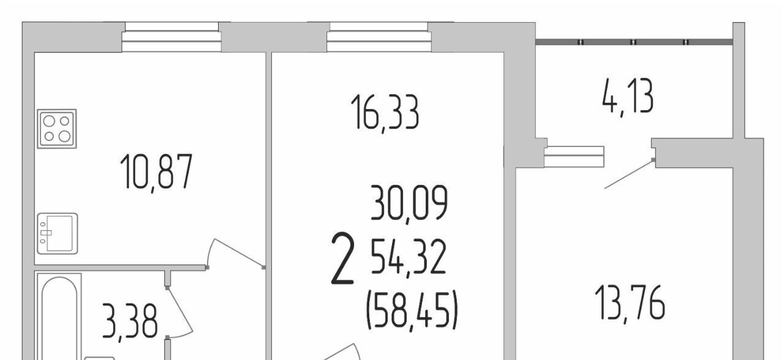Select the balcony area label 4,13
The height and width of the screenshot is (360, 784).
(x=628, y=97)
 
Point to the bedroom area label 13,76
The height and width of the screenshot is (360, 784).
(x=630, y=303)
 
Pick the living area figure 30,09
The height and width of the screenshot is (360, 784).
(x=409, y=203)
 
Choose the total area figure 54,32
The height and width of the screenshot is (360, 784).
(x=408, y=257)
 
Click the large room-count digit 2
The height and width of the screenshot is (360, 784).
(x=342, y=258)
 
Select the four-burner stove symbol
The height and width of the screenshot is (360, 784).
(x=57, y=129)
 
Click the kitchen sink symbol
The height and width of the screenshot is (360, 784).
(x=58, y=233)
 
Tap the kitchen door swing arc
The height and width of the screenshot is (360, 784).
(x=210, y=250)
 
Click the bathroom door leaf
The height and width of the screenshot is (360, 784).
(x=180, y=309)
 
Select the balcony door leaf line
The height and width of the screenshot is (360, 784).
(x=628, y=174)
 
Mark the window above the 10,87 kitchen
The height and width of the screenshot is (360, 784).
(x=171, y=37)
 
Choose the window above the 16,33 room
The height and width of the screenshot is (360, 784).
(x=379, y=37)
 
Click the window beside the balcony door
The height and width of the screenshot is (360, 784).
(x=574, y=156)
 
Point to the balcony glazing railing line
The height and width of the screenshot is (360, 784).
(x=634, y=42)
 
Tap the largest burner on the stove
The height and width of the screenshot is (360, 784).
(x=65, y=136)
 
